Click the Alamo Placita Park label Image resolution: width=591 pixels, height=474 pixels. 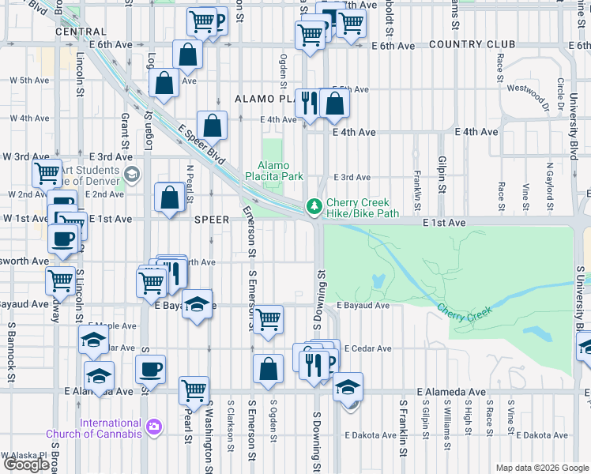coord(271,171)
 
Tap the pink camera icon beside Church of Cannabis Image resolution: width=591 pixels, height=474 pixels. coord(154,427)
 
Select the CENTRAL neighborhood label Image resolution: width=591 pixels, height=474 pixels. coord(81,32)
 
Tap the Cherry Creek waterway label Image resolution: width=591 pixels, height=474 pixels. coord(464,311)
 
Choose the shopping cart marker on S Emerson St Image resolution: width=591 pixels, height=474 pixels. coord(269,320)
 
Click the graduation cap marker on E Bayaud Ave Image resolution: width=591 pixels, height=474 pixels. coord(197,304)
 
